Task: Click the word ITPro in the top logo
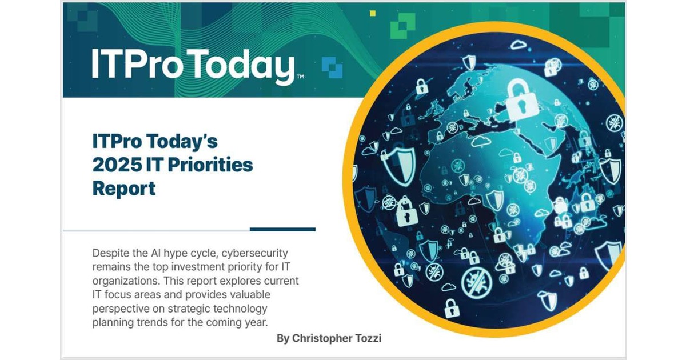[137, 64]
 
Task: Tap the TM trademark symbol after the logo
[300, 77]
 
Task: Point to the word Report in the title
[123, 188]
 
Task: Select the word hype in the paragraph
[176, 253]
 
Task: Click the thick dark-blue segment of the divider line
[282, 229]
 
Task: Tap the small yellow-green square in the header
[373, 13]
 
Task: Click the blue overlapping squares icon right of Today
[332, 67]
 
